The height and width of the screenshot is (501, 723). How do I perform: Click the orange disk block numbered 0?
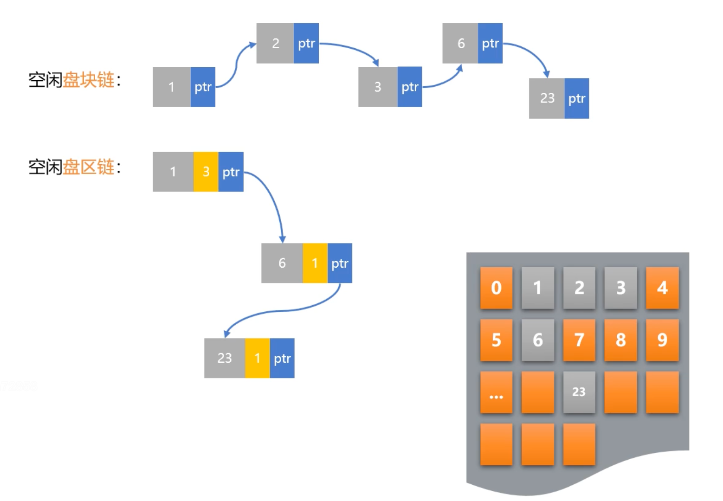tap(496, 288)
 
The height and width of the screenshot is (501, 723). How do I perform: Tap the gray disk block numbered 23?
tap(579, 392)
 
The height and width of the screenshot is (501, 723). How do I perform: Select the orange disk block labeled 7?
tap(579, 340)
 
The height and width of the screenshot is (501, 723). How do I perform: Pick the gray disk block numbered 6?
tap(537, 340)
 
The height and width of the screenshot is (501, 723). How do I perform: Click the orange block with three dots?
tap(496, 392)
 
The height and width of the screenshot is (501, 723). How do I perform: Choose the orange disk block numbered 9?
tap(662, 340)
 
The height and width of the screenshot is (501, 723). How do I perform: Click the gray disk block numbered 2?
tap(579, 288)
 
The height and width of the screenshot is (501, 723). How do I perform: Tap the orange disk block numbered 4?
tap(662, 288)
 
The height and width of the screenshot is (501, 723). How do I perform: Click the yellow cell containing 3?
tap(206, 172)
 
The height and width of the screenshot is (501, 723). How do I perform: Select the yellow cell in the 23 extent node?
tap(257, 358)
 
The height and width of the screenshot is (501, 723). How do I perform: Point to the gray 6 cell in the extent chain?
tap(282, 263)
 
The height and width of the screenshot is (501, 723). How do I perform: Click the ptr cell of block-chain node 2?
tap(306, 43)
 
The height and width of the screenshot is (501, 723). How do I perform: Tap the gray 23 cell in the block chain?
tap(547, 98)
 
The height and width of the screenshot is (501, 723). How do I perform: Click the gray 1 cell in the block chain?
tap(171, 87)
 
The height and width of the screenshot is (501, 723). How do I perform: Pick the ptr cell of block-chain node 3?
tap(410, 87)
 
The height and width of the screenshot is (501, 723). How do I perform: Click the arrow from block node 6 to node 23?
tap(534, 53)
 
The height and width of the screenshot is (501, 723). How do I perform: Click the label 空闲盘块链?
tap(74, 80)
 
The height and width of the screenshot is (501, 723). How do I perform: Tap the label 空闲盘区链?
tap(74, 167)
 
